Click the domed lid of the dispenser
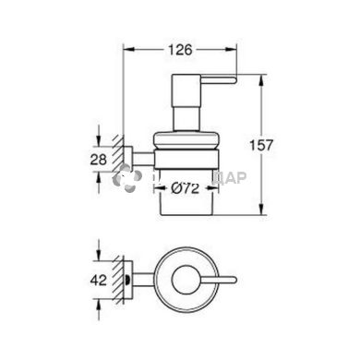point(186,137)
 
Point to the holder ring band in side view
point(186,158)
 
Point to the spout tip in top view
point(235,278)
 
